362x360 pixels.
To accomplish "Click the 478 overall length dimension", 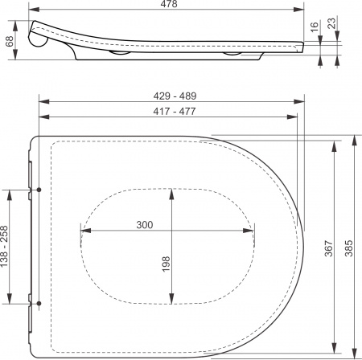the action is pos(170,4).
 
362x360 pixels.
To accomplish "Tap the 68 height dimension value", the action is pos(10,41).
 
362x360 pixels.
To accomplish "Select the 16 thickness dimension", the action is pos(314,27).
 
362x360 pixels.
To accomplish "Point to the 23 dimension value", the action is pos(331,23).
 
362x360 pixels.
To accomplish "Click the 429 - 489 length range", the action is pos(175,96).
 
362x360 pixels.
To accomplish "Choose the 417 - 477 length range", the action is pos(175,111).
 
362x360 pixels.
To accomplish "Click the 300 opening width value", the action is pos(145,225).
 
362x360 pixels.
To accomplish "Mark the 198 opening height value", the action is pos(167,264).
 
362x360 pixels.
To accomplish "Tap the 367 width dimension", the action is pos(329,249).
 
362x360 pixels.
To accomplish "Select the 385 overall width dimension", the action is pos(348,248).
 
